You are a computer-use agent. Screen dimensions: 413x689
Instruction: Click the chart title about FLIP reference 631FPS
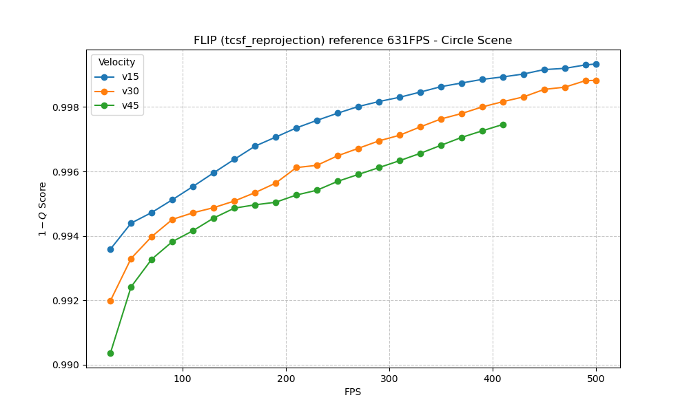(353, 41)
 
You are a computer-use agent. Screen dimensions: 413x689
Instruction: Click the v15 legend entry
(130, 77)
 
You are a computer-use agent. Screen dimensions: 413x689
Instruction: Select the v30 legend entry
(130, 91)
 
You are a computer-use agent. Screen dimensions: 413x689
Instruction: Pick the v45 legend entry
(130, 105)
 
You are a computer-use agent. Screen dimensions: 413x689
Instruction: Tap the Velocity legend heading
(116, 63)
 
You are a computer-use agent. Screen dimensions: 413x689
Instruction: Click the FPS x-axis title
(353, 392)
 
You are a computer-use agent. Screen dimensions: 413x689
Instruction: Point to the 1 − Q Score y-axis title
(43, 209)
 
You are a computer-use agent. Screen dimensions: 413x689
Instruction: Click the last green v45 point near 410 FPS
(503, 125)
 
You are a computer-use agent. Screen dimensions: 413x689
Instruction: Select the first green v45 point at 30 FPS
(110, 353)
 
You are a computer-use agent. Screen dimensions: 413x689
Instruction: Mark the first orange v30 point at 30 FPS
(110, 301)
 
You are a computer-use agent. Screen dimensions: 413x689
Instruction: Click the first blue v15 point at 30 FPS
(110, 249)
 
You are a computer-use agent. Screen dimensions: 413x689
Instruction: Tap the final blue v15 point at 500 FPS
(596, 64)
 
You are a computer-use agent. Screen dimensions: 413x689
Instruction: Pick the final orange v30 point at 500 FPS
(596, 81)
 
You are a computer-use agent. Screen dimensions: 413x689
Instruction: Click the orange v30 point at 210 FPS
(296, 167)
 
